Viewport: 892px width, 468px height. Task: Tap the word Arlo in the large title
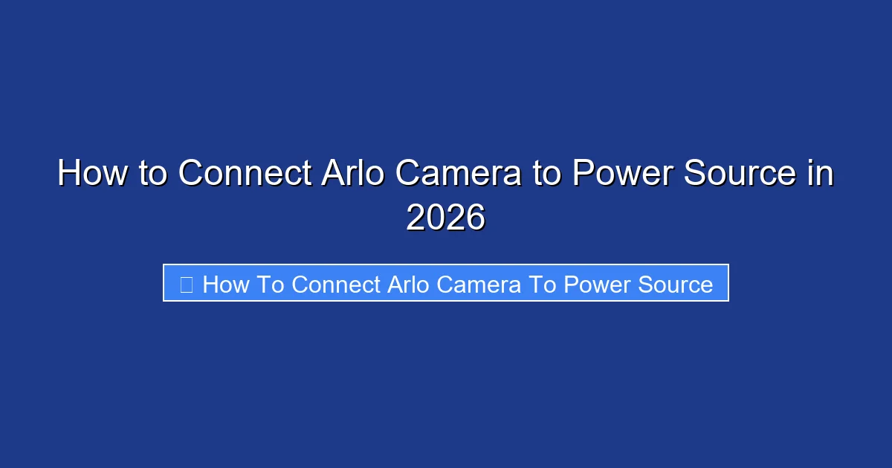pos(353,174)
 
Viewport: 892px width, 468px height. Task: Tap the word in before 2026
pos(821,174)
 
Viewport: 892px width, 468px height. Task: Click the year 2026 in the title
pos(445,218)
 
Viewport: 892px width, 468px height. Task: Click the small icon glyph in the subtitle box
pos(187,284)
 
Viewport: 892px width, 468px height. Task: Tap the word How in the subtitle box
pos(225,284)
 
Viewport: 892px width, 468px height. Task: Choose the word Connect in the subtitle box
pos(336,284)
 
